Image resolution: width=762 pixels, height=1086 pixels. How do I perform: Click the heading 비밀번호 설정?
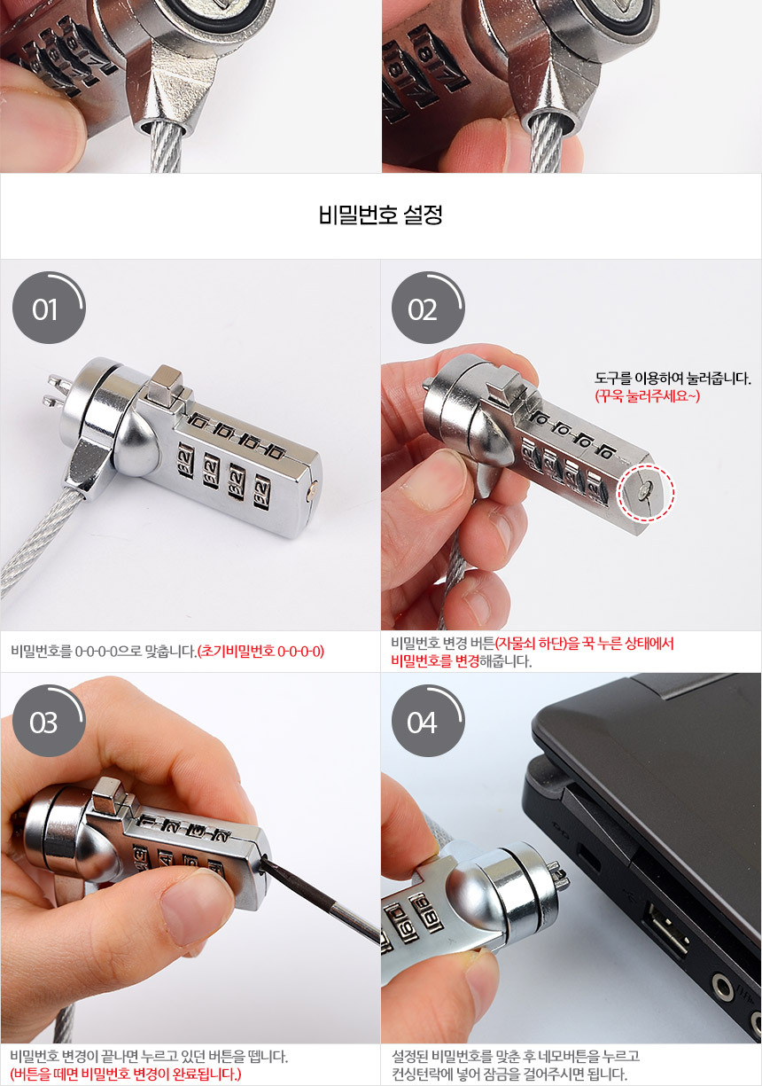380,215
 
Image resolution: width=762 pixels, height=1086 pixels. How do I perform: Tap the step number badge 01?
49,308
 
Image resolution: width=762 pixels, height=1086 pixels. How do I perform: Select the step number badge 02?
428,308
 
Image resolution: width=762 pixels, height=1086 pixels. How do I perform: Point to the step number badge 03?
49,721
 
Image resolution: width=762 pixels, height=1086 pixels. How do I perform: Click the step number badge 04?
428,721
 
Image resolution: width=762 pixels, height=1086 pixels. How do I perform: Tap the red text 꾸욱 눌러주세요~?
647,396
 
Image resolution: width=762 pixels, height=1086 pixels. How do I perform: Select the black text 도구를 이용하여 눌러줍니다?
673,379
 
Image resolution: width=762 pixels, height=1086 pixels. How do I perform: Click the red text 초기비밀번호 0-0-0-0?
260,651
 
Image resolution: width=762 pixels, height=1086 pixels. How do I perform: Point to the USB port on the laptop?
667,929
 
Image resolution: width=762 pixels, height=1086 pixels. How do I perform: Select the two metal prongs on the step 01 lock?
58,391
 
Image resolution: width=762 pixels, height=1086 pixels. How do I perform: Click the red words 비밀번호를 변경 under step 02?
435,660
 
